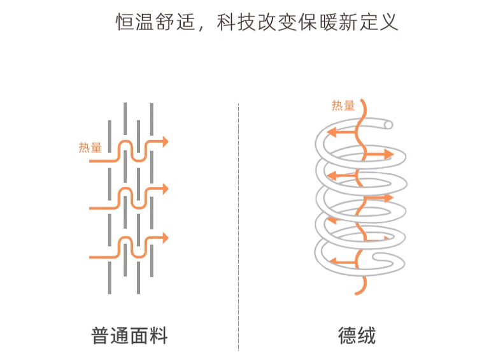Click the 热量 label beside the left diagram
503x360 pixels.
[x=90, y=148]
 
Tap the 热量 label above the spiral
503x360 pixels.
[x=343, y=106]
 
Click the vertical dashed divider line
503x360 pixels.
[x=238, y=223]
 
